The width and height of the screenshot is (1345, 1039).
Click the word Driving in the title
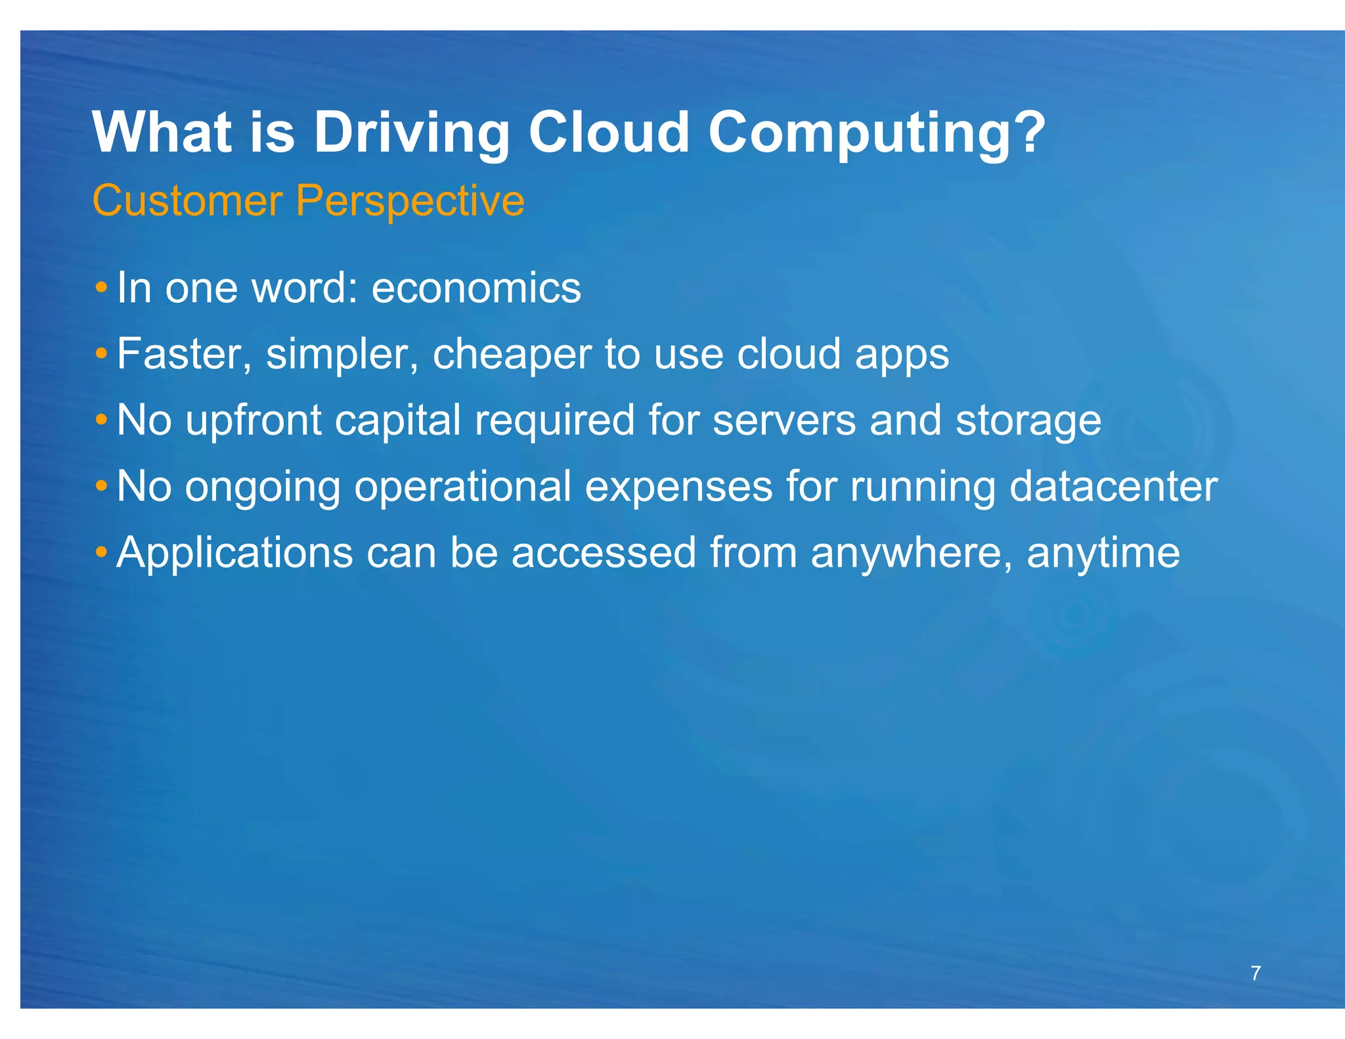coord(411,133)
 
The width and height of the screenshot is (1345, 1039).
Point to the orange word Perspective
coord(410,200)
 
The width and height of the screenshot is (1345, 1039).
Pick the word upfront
coord(253,420)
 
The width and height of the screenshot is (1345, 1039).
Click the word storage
coord(1028,422)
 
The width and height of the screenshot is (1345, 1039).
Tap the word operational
coord(462,487)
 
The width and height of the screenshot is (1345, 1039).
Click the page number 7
coord(1255,973)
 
